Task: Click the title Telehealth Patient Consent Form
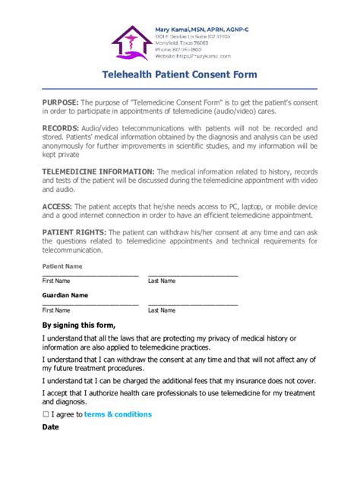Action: point(180,75)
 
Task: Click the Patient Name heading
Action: point(63,266)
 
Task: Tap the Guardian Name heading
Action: point(65,295)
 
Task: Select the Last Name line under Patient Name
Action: point(193,275)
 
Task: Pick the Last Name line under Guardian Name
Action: point(193,304)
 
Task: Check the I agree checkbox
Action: point(46,414)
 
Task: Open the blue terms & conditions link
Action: point(118,414)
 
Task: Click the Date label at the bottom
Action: point(50,427)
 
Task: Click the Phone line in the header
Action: point(182,49)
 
